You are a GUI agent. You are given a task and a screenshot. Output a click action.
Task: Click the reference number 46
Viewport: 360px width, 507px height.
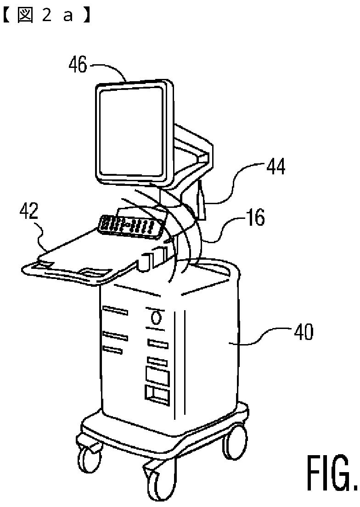click(78, 65)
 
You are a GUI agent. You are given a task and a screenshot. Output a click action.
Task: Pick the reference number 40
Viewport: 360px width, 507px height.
click(303, 332)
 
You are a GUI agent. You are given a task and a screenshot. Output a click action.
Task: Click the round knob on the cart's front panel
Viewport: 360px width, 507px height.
click(157, 317)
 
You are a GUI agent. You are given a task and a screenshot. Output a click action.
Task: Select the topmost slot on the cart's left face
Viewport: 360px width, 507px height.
click(114, 312)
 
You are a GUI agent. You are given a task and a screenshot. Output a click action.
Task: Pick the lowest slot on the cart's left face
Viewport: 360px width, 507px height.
click(112, 350)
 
